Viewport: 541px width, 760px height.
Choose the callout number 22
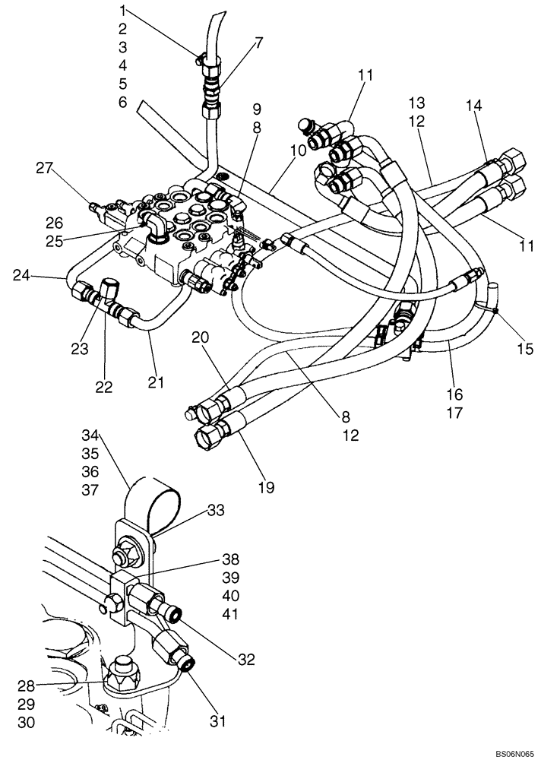(104, 387)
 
